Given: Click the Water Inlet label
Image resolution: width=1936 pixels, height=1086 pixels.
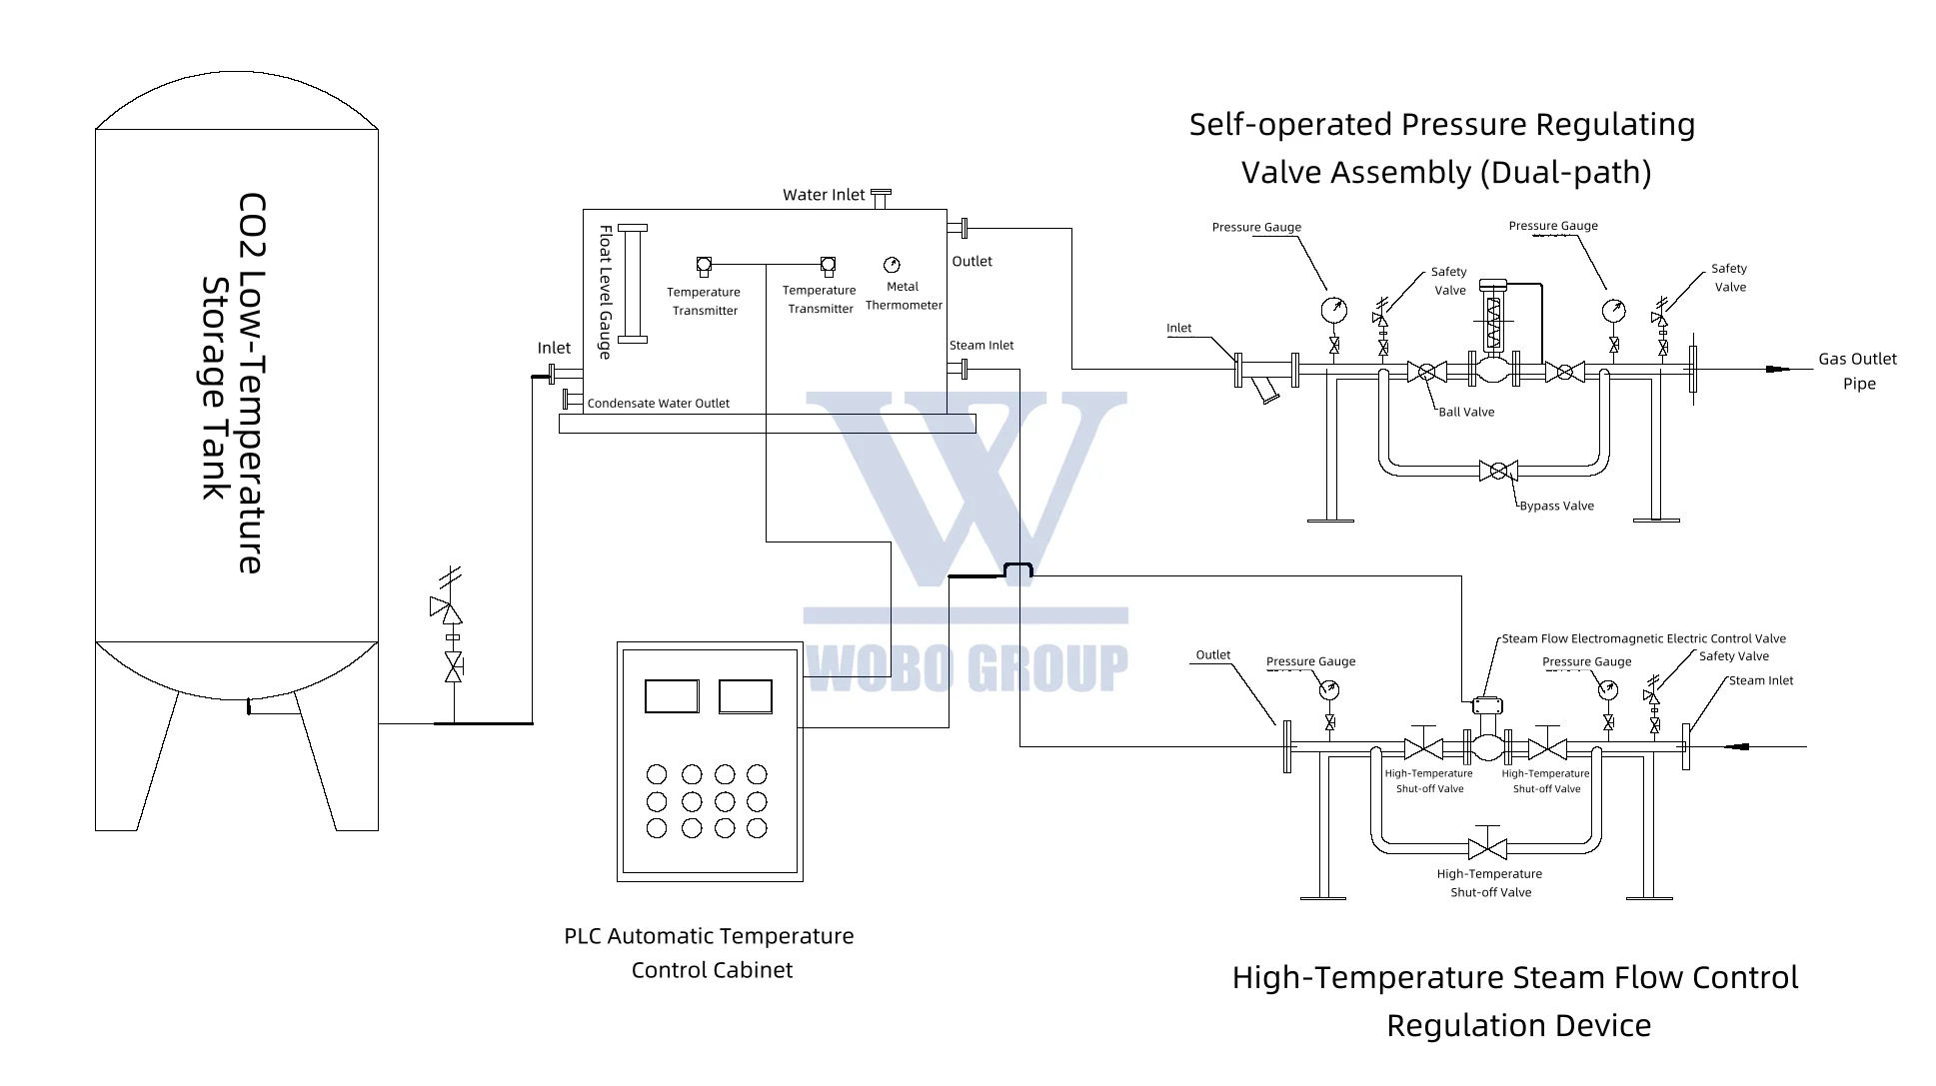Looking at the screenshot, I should click(823, 195).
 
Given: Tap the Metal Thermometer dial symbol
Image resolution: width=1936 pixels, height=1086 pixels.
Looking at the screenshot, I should click(892, 265).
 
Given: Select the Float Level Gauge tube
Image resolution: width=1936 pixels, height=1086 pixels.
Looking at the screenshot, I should click(633, 284).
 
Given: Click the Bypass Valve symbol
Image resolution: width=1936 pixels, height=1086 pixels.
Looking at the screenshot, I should click(1497, 471).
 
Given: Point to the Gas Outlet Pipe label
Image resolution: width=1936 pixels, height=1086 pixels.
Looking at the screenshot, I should click(1857, 371).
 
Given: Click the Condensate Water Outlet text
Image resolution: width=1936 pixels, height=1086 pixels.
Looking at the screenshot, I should click(658, 404).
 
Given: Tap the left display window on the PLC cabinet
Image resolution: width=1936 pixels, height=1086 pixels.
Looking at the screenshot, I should click(672, 696).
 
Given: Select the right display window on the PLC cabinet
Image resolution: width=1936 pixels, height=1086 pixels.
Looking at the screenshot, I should click(745, 696).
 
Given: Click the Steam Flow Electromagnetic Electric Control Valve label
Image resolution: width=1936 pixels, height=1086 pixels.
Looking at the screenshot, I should click(1643, 639).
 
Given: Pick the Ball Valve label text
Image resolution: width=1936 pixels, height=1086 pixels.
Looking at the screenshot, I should click(1466, 413).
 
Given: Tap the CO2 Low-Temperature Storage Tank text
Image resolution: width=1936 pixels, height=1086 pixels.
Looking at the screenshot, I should click(234, 383).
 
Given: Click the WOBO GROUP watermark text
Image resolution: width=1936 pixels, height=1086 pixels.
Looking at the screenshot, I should click(966, 667).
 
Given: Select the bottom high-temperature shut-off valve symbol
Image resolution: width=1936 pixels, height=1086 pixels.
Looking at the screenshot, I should click(1487, 848).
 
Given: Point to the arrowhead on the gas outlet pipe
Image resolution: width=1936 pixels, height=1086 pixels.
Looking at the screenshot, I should click(1776, 370).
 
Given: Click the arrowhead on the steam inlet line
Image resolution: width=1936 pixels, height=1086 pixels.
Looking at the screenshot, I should click(1739, 746).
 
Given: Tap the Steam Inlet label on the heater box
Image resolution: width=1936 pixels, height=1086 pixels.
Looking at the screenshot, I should click(980, 346).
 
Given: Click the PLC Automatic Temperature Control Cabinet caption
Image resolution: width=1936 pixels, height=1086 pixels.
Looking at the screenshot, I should click(709, 952).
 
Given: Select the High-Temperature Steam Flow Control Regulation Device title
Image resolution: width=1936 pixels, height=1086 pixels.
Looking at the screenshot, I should click(1515, 1000).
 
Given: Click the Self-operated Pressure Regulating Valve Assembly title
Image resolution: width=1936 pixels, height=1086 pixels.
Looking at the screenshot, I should click(1442, 148).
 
